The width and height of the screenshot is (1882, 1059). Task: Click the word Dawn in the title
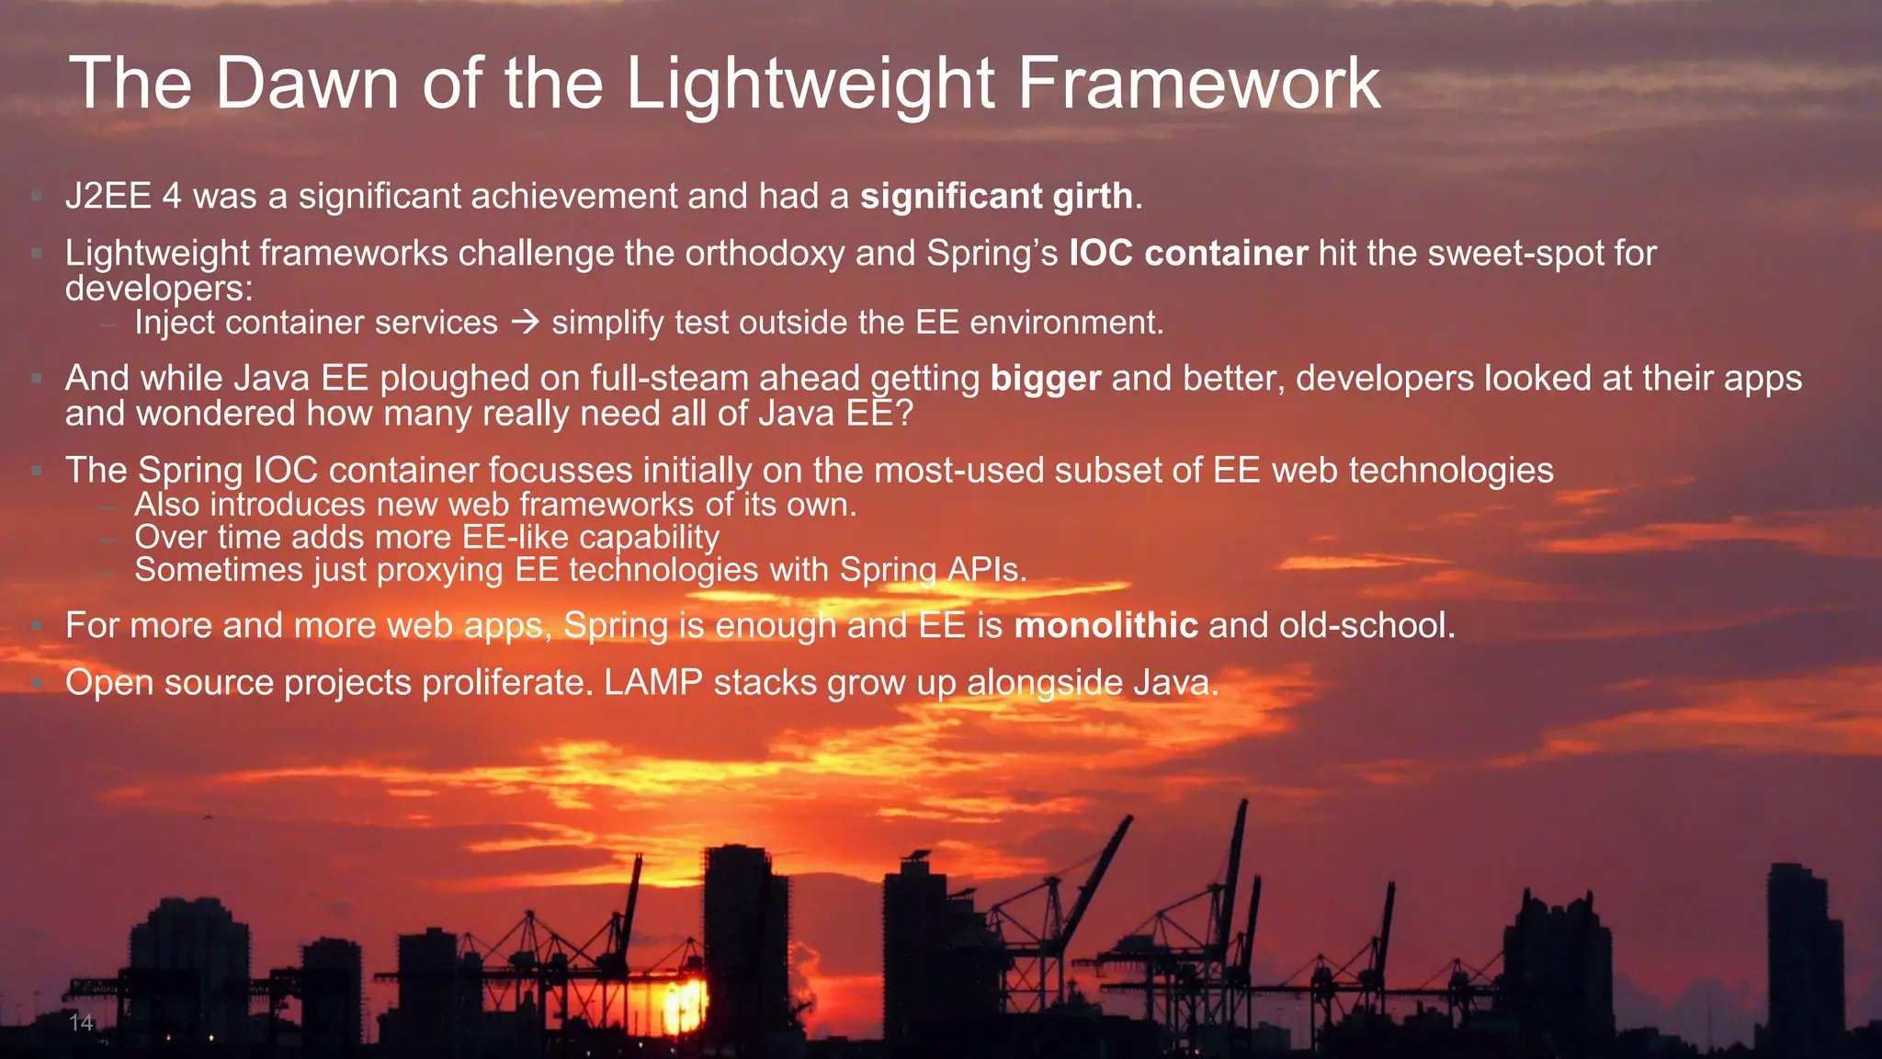tap(307, 84)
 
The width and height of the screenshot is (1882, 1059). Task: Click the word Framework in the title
tap(1198, 84)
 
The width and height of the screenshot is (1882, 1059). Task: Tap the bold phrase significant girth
tap(996, 196)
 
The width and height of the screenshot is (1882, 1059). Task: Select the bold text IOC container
tap(1187, 253)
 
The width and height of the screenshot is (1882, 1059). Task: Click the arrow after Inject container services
tap(525, 323)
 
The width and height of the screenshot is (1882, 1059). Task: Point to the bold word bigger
tap(1045, 379)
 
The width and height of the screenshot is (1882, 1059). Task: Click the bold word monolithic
tap(1105, 626)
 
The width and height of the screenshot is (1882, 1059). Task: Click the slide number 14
tap(81, 1022)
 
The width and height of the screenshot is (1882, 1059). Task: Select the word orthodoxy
tap(765, 253)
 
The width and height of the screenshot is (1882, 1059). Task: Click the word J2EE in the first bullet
tap(108, 196)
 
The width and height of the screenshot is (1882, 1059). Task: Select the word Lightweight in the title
tap(810, 84)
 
